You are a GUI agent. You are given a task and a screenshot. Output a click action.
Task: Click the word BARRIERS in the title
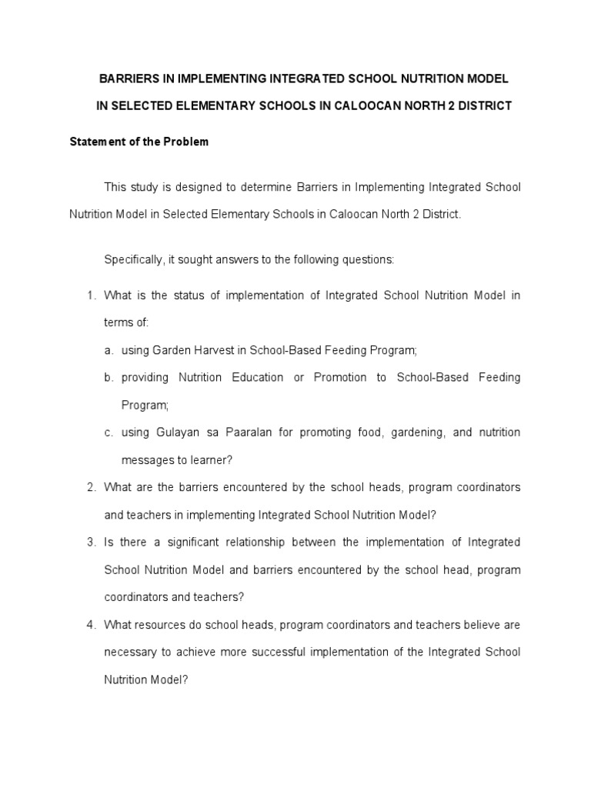click(127, 79)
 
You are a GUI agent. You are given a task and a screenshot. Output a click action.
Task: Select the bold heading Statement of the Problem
click(139, 142)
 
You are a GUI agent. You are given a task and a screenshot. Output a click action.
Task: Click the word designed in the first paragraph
click(205, 187)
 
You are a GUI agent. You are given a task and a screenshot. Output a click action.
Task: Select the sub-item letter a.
click(109, 350)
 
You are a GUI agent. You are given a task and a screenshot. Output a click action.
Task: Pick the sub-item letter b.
click(109, 377)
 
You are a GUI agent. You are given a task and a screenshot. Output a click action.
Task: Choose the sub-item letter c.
click(109, 432)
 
